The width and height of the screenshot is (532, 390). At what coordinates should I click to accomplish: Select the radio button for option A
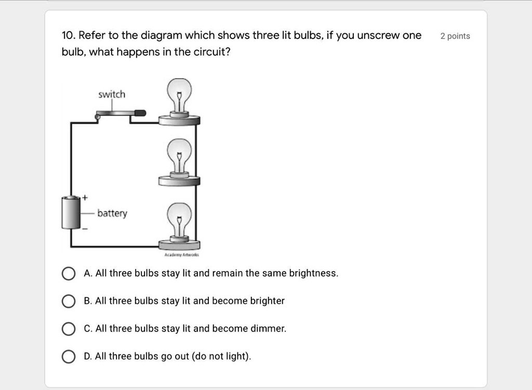68,274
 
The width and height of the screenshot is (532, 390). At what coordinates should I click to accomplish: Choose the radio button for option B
68,301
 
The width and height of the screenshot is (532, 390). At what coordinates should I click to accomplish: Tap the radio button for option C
68,329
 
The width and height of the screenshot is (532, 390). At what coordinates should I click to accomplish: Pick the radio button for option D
68,357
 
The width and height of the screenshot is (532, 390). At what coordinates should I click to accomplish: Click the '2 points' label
455,36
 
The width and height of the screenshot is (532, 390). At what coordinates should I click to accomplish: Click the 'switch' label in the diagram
112,95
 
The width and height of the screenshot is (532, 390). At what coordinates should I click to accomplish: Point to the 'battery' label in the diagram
112,213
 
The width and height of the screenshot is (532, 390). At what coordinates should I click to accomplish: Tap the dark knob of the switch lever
140,112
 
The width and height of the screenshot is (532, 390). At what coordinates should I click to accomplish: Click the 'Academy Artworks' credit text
179,255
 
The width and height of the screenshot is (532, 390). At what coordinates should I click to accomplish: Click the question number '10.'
68,36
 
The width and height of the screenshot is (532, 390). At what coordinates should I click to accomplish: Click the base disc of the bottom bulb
179,245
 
